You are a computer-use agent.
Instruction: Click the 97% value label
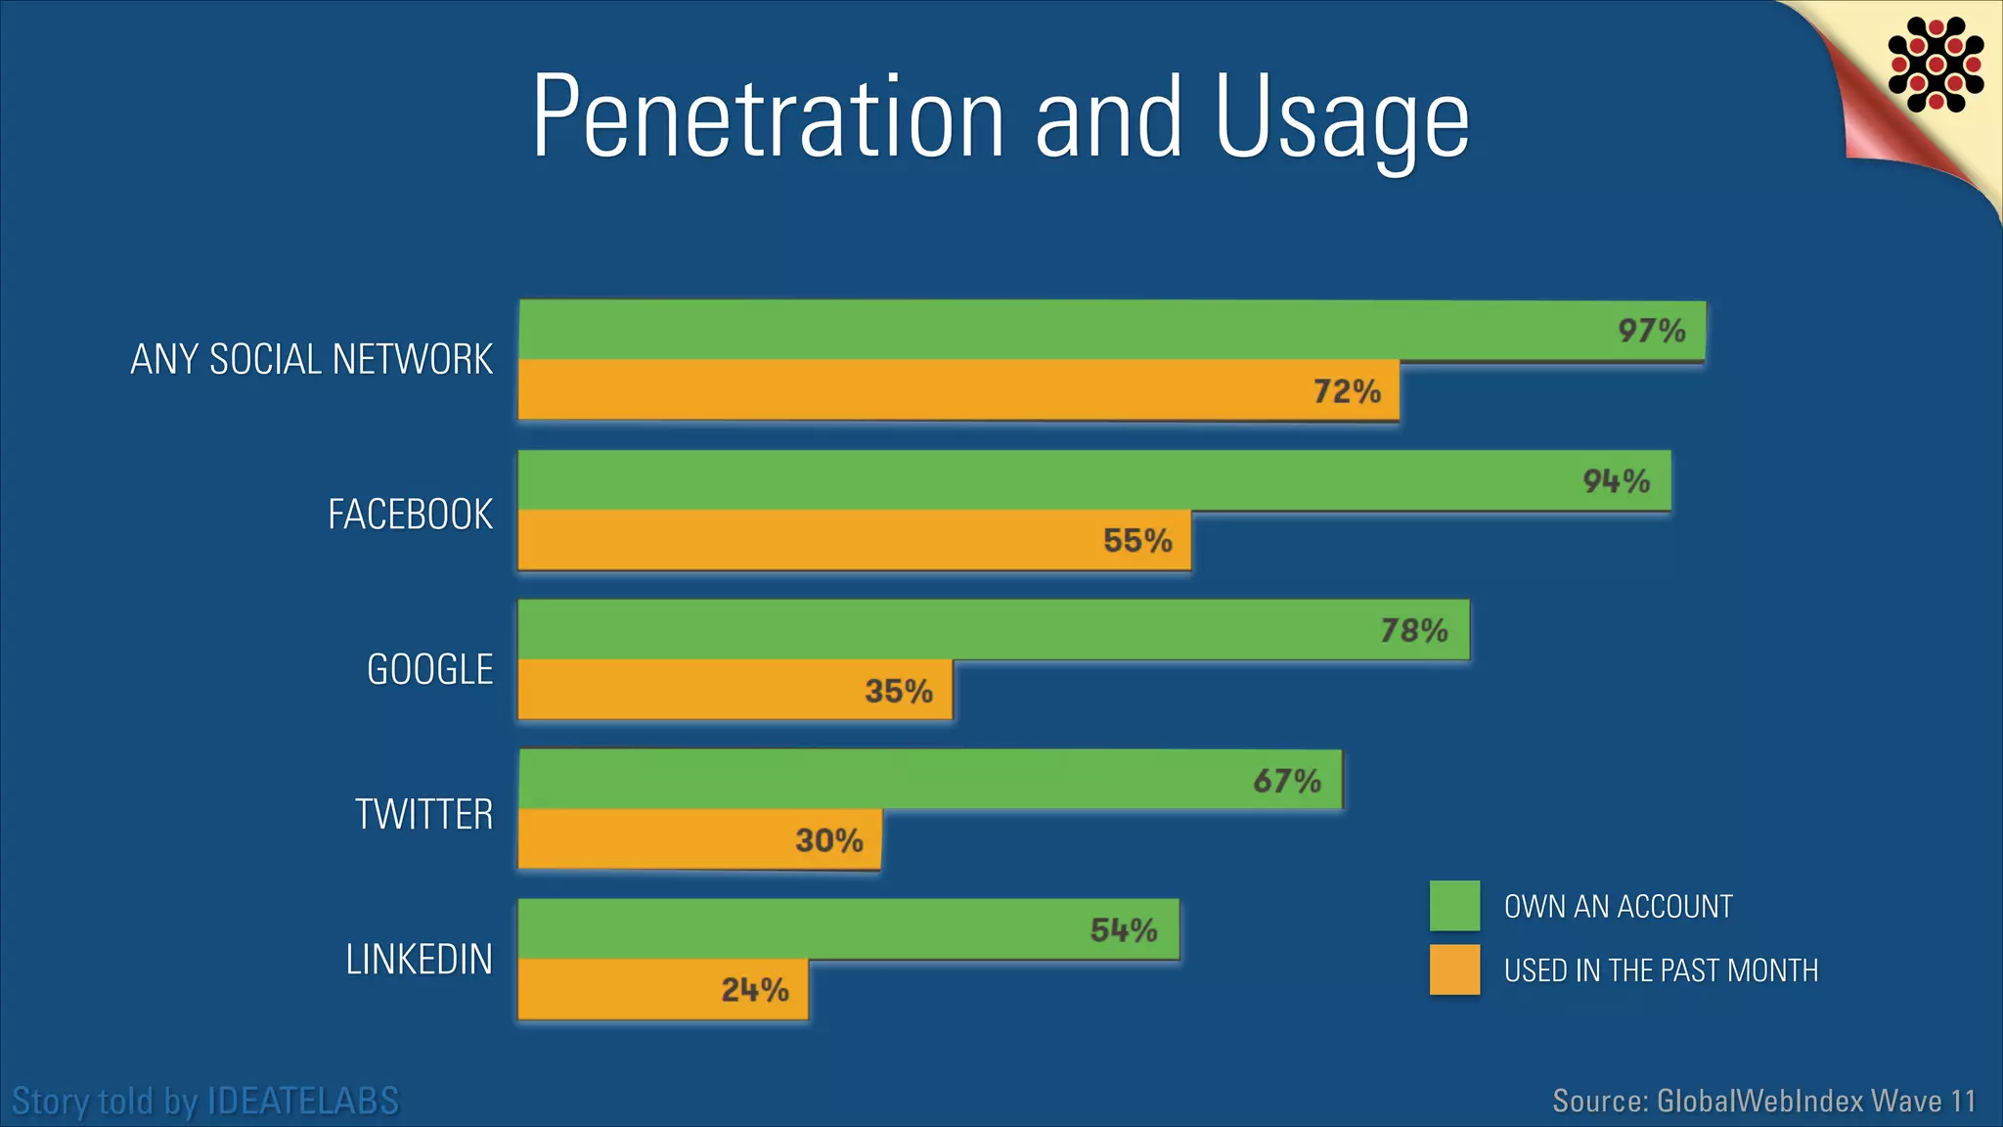(x=1651, y=331)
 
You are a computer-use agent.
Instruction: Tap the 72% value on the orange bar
(x=1347, y=391)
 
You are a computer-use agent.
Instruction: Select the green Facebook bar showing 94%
(x=1076, y=480)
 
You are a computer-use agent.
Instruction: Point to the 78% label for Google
(x=1413, y=630)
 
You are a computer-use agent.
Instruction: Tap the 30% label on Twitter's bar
(x=828, y=840)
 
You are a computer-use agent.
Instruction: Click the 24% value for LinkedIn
(x=755, y=990)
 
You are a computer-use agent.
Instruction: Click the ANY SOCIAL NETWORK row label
(x=311, y=359)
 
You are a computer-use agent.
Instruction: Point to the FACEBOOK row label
(x=410, y=515)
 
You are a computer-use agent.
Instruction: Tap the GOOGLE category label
(x=429, y=670)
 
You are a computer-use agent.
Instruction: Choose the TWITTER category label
(x=423, y=814)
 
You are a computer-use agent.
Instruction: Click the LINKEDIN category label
(x=419, y=960)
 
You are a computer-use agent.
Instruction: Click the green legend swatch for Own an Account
(x=1454, y=906)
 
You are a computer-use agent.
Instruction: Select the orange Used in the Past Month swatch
(x=1454, y=969)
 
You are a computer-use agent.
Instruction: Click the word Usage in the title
(x=1342, y=117)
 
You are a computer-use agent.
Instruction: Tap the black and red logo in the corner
(x=1936, y=64)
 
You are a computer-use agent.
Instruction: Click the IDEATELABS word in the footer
(x=303, y=1102)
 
